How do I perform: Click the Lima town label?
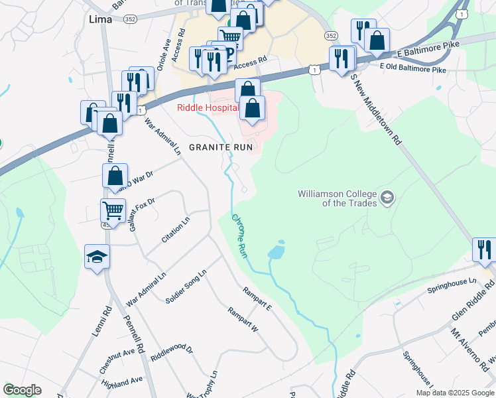(x=97, y=20)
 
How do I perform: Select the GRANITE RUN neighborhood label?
(x=221, y=147)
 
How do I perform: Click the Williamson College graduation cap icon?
(x=387, y=198)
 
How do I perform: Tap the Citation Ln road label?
(x=176, y=228)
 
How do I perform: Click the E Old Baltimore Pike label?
(x=413, y=67)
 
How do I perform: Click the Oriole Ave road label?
(x=160, y=58)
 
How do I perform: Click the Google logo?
(x=22, y=390)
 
